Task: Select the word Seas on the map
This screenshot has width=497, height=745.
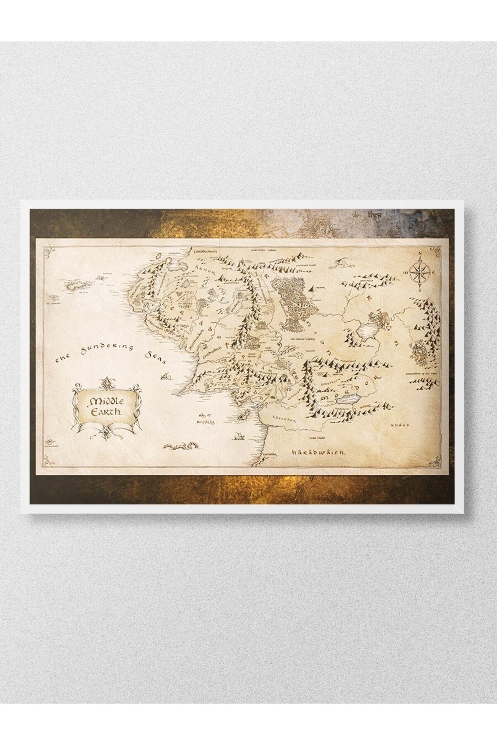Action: (x=155, y=358)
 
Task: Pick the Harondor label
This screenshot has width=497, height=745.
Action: (x=282, y=420)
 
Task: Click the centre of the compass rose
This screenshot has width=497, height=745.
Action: (x=420, y=272)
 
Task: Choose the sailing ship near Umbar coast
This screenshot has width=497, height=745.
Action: (x=239, y=436)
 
